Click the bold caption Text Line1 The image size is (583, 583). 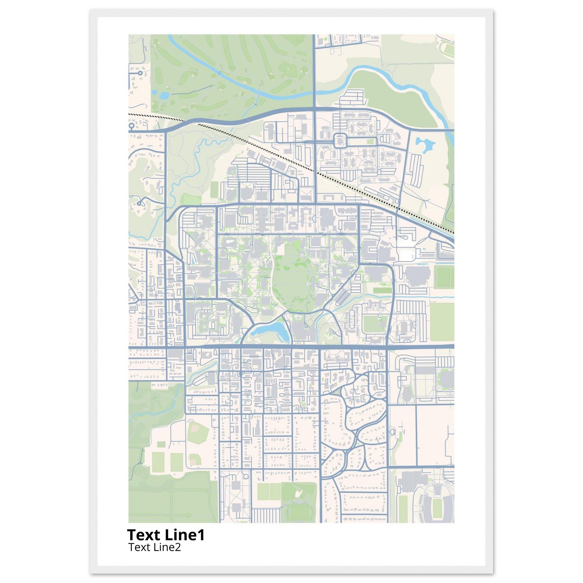click(x=166, y=535)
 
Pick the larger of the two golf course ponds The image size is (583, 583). click(x=165, y=96)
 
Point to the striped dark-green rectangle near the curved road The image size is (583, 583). click(x=382, y=290)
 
